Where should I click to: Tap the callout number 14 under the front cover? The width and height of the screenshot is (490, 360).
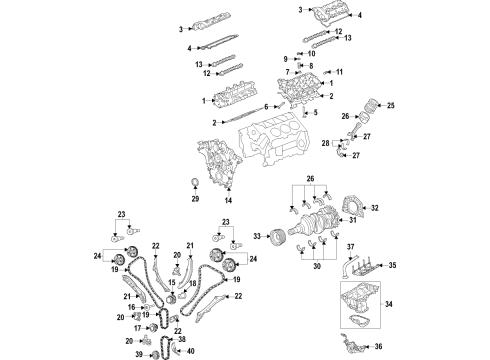(229, 201)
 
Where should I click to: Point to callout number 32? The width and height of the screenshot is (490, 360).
(375, 208)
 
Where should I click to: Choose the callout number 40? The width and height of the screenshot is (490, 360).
(192, 350)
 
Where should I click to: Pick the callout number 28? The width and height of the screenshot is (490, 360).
(324, 144)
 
